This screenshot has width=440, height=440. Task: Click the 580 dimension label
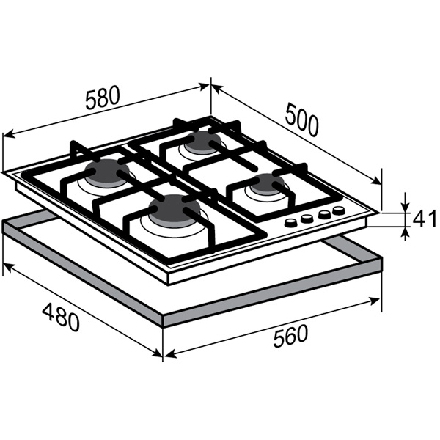103,98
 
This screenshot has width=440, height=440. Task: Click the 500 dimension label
301,120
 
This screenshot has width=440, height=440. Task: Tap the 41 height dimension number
425,219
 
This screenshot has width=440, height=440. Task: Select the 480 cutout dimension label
61,317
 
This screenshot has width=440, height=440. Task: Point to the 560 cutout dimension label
290,336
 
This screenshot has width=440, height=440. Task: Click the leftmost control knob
291,222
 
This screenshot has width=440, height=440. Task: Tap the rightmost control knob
339,210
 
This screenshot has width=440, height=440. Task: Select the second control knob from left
307,219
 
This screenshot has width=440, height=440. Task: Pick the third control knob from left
324,214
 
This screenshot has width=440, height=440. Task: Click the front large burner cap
174,208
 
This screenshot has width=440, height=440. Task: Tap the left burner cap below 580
108,171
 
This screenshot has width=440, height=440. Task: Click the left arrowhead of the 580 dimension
8,134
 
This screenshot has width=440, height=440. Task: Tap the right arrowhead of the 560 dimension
374,301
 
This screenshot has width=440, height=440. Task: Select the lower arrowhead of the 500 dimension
377,181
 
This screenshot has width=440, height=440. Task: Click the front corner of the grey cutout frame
163,326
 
